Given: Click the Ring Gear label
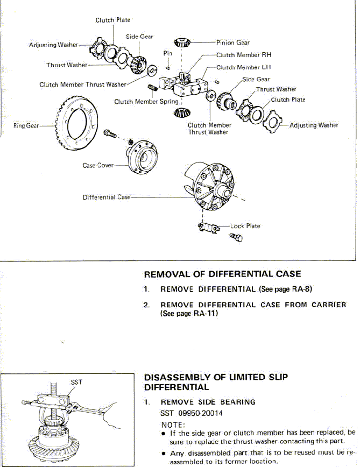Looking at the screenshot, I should pyautogui.click(x=26, y=126).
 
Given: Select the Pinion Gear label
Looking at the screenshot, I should pyautogui.click(x=232, y=43).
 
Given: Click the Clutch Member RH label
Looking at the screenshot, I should pyautogui.click(x=244, y=55).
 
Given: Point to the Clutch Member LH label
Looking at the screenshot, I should pyautogui.click(x=244, y=67).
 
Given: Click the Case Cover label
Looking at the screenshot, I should pyautogui.click(x=98, y=165).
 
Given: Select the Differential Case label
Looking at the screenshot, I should pyautogui.click(x=106, y=197).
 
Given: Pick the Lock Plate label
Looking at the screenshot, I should pyautogui.click(x=245, y=226).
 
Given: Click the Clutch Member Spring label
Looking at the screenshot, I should pyautogui.click(x=146, y=101).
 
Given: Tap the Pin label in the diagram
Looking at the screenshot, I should pyautogui.click(x=167, y=53).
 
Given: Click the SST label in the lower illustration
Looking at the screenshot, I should pyautogui.click(x=76, y=382).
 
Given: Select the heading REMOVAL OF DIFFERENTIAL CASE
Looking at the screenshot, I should pyautogui.click(x=222, y=274).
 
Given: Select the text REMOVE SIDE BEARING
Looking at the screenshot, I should pyautogui.click(x=208, y=402).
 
